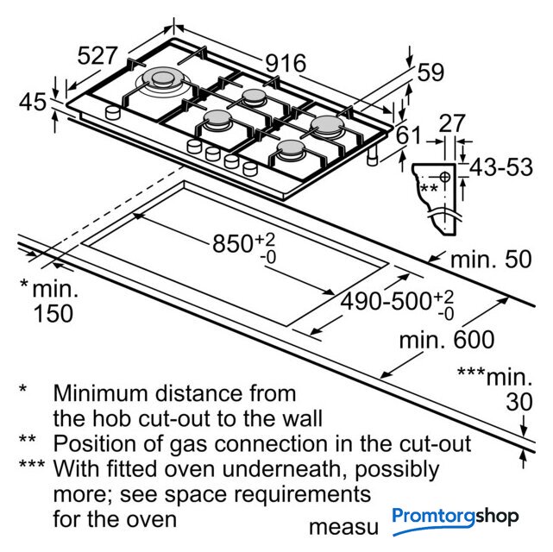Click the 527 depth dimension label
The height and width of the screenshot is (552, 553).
97,56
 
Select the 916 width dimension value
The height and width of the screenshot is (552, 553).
286,64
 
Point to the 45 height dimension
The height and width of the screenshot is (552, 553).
33,103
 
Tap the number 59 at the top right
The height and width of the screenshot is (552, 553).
430,72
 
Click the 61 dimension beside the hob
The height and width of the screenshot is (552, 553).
409,135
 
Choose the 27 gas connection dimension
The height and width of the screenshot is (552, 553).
452,123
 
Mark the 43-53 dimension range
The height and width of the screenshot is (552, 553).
501,167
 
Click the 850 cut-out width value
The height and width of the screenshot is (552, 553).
232,243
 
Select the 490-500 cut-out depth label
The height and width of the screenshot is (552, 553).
386,301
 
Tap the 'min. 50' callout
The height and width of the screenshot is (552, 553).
491,260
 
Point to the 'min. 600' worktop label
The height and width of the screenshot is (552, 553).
447,340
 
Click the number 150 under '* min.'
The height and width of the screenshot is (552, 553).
53,313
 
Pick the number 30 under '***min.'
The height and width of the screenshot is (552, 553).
518,401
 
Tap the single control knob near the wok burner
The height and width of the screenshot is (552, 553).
112,113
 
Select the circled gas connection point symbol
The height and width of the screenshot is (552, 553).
445,176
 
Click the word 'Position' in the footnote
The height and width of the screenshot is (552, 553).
95,444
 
